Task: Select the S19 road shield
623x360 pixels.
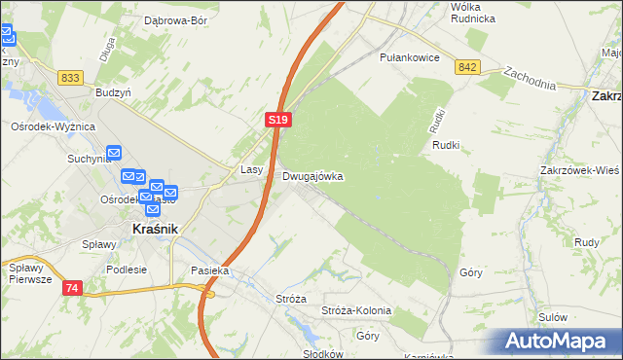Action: pos(278,120)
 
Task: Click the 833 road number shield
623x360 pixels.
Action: pos(69,77)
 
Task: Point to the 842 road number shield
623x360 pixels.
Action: pos(467,66)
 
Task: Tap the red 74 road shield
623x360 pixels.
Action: pos(73,288)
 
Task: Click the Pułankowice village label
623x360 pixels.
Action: pos(411,57)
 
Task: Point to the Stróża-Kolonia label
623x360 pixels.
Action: pos(355,310)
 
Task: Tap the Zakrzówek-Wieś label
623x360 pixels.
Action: pos(579,169)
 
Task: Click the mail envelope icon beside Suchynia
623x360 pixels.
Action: pos(114,153)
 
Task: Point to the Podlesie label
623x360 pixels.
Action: pos(127,270)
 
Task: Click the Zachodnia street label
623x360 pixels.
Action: pos(530,79)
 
